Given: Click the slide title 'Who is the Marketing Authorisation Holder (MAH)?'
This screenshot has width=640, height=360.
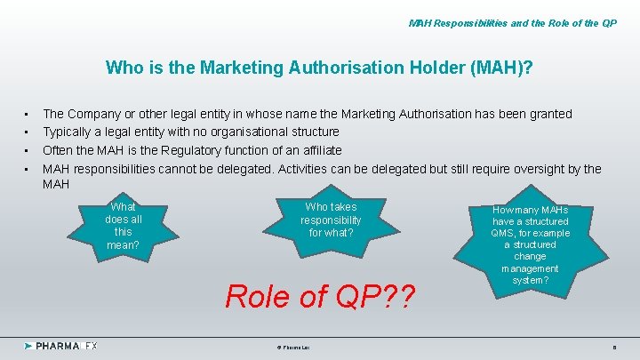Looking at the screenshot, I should click(x=319, y=68).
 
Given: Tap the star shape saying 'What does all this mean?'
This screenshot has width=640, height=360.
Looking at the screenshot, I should click(x=124, y=225).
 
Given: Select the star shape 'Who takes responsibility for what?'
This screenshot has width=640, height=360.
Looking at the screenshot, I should click(x=331, y=220).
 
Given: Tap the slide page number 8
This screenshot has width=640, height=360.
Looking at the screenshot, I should click(x=614, y=346).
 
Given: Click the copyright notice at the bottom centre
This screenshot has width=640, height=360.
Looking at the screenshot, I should click(x=287, y=346).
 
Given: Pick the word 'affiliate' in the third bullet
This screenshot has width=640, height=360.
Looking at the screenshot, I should click(x=317, y=150).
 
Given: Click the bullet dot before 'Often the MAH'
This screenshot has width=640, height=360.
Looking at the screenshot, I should click(x=28, y=151).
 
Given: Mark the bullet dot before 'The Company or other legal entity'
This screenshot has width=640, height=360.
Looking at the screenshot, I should click(x=28, y=115).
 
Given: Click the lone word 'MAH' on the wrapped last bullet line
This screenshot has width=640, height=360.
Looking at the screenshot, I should click(x=56, y=184).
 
